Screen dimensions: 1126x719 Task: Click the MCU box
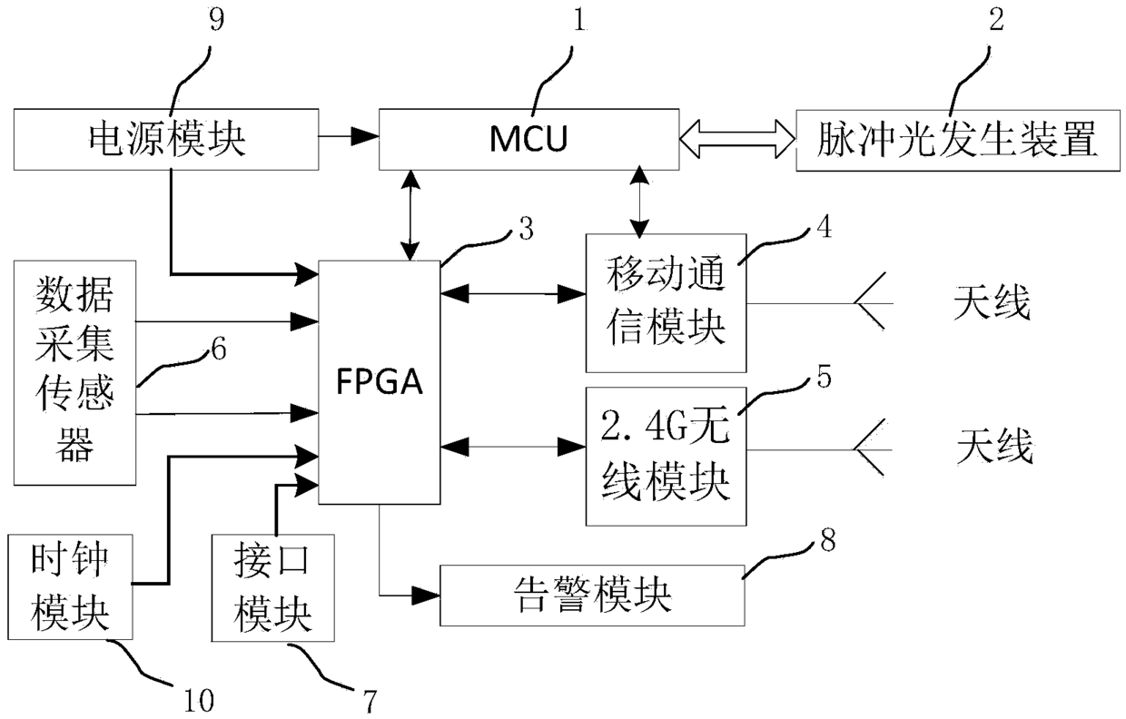pyautogui.click(x=528, y=139)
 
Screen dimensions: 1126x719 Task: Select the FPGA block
pyautogui.click(x=380, y=382)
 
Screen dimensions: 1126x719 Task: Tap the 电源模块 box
pyautogui.click(x=166, y=139)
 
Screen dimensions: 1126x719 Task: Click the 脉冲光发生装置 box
pyautogui.click(x=958, y=140)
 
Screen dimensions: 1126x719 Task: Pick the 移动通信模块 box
pyautogui.click(x=666, y=303)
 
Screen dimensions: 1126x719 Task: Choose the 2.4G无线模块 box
pyautogui.click(x=666, y=457)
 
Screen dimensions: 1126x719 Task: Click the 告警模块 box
pyautogui.click(x=592, y=596)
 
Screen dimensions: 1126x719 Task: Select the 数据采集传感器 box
pyautogui.click(x=74, y=372)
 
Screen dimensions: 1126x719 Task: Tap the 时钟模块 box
pyautogui.click(x=71, y=586)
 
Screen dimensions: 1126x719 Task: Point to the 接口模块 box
pyautogui.click(x=273, y=588)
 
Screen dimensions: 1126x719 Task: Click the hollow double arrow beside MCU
pyautogui.click(x=737, y=139)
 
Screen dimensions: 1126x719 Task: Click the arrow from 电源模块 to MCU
pyautogui.click(x=349, y=135)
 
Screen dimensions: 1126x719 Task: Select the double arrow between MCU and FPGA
pyautogui.click(x=411, y=215)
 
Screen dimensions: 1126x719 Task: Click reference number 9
pyautogui.click(x=216, y=20)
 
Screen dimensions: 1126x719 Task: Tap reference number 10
pyautogui.click(x=199, y=701)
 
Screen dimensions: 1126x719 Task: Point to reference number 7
pyautogui.click(x=370, y=702)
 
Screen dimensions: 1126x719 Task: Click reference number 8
pyautogui.click(x=828, y=540)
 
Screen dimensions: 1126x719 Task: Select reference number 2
pyautogui.click(x=996, y=20)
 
